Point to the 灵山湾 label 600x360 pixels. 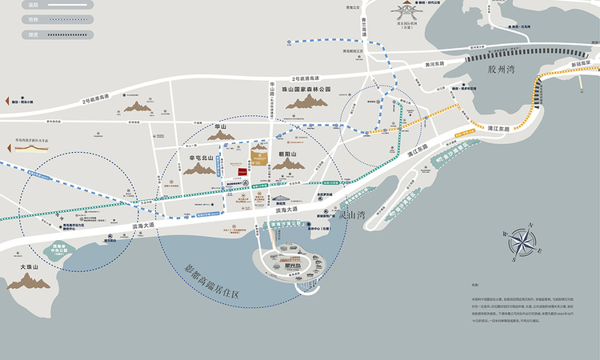(x=350, y=214)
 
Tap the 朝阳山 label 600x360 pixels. (x=287, y=152)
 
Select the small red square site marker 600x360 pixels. (x=241, y=171)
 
